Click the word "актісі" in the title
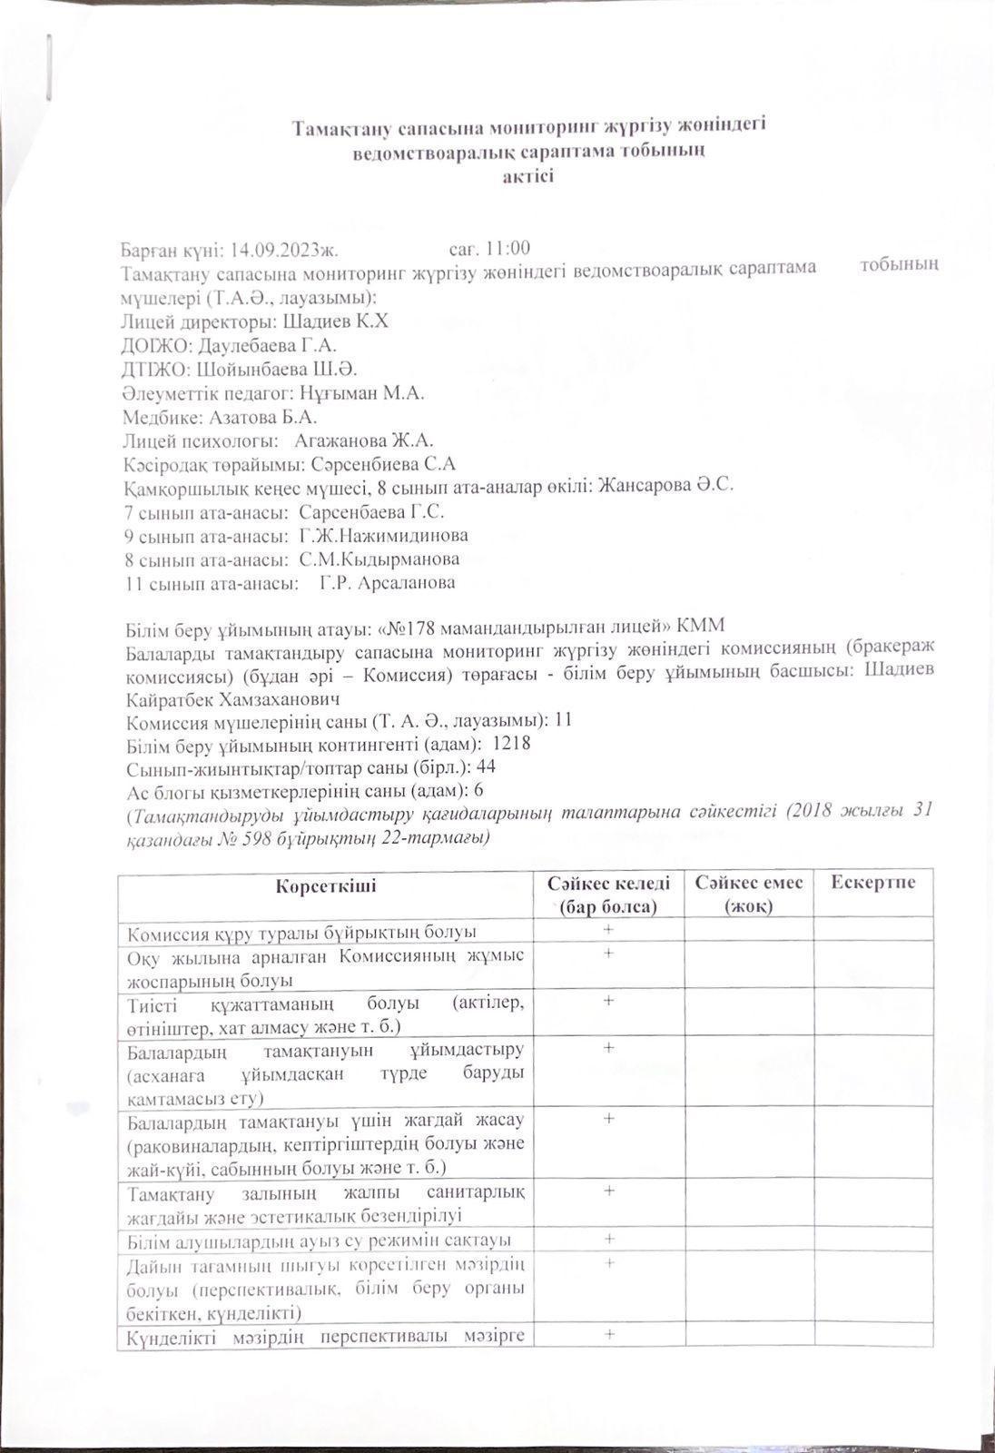(x=528, y=175)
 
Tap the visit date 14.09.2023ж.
(x=284, y=249)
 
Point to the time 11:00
(x=508, y=249)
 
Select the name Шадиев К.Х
(x=336, y=321)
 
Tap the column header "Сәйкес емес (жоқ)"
(x=748, y=895)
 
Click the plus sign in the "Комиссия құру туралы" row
(x=608, y=930)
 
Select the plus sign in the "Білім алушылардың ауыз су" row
(x=608, y=1239)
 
